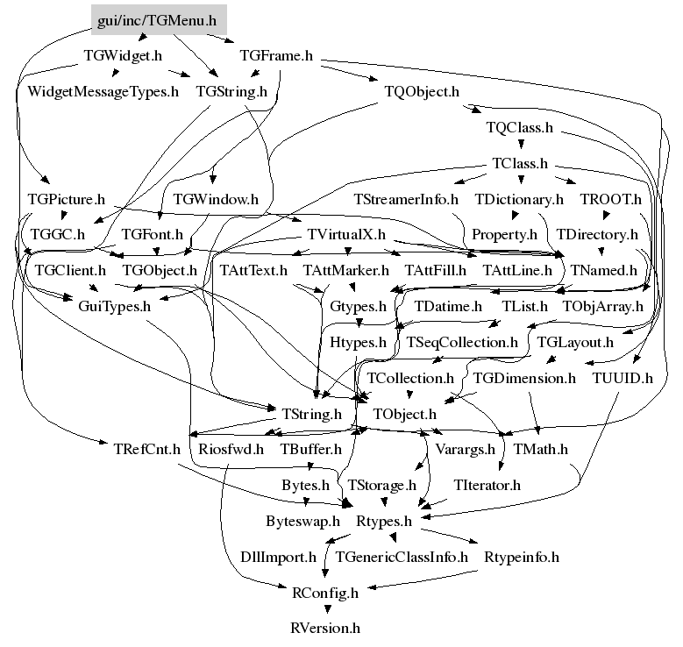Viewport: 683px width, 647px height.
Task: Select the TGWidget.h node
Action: [x=123, y=55]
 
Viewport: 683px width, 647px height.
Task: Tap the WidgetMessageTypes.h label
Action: [x=103, y=90]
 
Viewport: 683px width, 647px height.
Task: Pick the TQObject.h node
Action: [x=422, y=90]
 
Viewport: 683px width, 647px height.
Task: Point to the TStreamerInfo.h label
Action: [x=407, y=199]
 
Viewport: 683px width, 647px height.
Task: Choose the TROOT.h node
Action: [x=610, y=199]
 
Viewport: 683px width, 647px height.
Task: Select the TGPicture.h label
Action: [x=67, y=199]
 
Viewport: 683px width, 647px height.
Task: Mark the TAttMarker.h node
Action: [x=345, y=270]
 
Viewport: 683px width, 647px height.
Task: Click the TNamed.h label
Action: [x=604, y=270]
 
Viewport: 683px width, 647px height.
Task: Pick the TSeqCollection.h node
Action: [x=462, y=342]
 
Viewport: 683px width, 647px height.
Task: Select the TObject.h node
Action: [x=404, y=413]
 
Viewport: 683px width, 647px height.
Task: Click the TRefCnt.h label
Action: [x=146, y=449]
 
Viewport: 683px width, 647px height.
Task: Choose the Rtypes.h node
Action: [x=383, y=521]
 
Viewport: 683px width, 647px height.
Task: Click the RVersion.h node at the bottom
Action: [x=325, y=628]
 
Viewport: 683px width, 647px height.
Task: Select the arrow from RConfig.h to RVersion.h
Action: [x=325, y=610]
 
